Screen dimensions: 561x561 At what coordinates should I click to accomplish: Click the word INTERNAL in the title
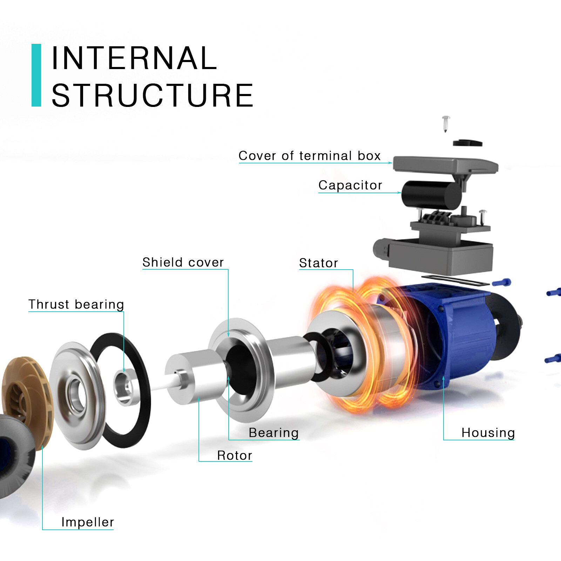[134, 58]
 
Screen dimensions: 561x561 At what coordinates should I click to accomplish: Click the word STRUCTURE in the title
[153, 95]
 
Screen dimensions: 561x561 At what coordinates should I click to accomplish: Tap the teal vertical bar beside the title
[36, 75]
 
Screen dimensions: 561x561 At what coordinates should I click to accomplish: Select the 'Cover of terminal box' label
[309, 156]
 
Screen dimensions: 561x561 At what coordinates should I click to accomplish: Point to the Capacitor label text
[350, 185]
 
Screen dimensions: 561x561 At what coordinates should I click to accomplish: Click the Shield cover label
[183, 262]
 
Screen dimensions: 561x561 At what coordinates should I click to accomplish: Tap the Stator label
[318, 263]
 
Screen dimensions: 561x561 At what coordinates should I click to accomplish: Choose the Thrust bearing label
[76, 304]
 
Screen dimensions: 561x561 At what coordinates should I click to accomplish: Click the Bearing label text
[273, 433]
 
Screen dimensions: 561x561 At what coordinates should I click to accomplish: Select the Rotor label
[235, 455]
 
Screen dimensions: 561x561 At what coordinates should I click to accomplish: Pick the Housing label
[488, 433]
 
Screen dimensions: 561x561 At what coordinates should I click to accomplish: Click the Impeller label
[88, 522]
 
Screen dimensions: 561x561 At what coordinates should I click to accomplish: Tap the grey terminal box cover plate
[445, 164]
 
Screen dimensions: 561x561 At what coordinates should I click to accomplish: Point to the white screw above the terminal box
[446, 123]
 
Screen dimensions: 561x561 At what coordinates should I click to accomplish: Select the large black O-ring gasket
[140, 414]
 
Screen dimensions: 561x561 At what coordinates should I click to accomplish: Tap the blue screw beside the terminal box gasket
[502, 282]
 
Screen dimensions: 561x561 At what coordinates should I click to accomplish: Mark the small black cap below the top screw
[467, 143]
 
